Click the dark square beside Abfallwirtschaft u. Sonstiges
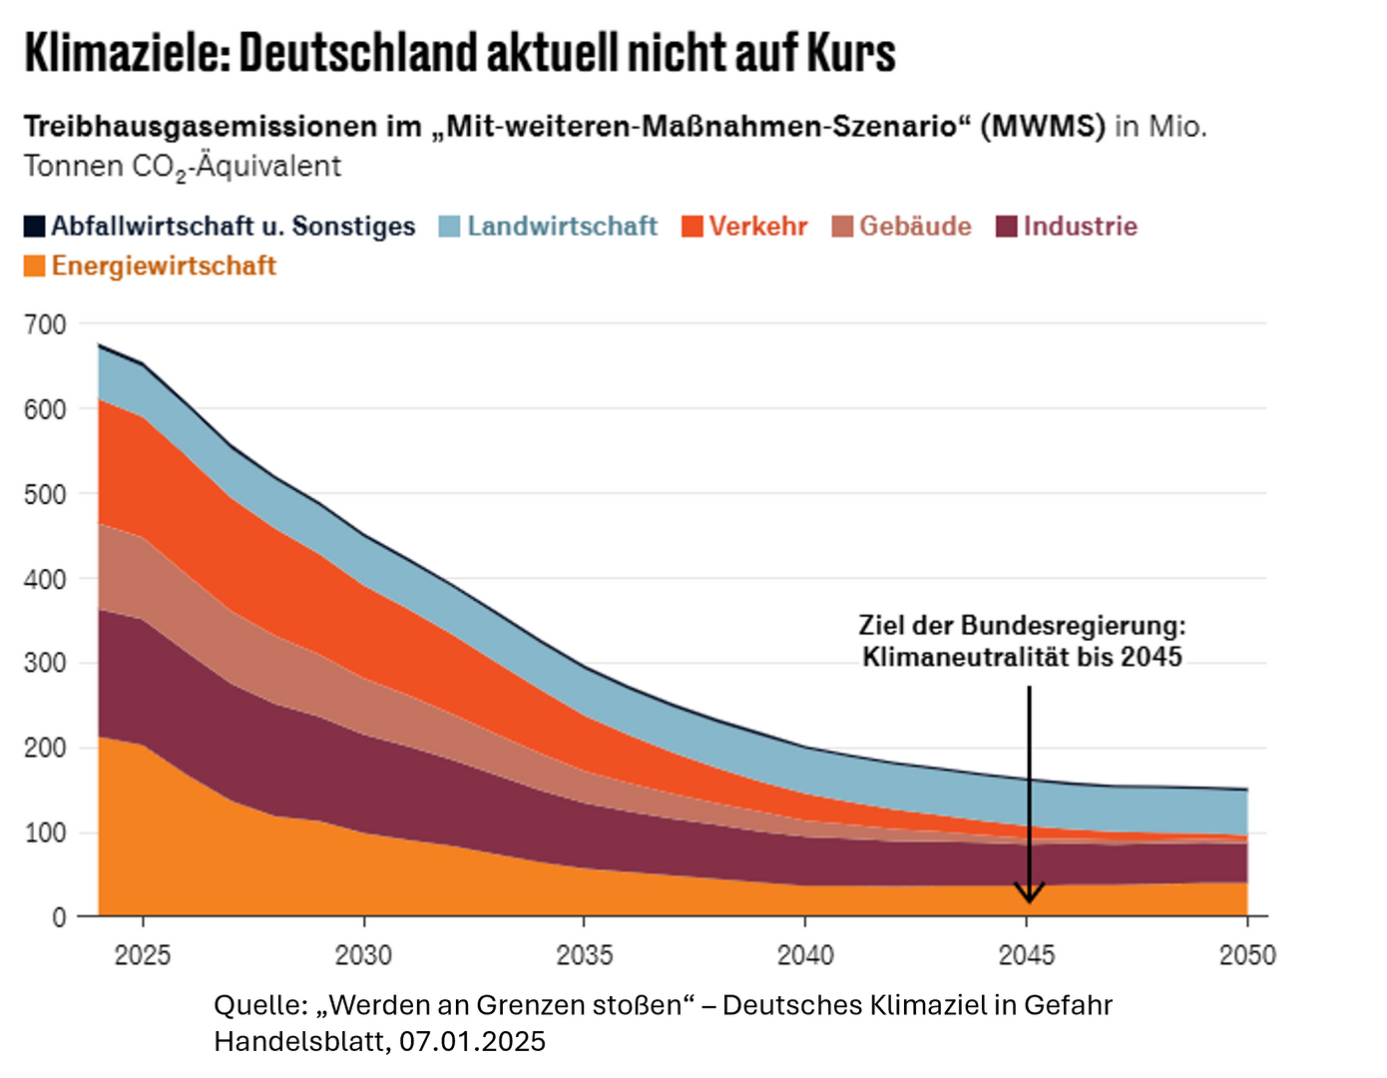[x=35, y=226]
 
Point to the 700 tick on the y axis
[x=45, y=324]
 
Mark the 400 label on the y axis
[x=45, y=579]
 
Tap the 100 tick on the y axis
[x=45, y=832]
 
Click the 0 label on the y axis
[x=59, y=917]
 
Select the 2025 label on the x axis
[x=143, y=955]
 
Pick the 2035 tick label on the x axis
[x=585, y=955]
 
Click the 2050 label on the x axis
[x=1247, y=955]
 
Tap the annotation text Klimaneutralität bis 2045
[x=1022, y=657]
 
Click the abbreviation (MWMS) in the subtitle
[x=1042, y=127]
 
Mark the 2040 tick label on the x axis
[x=805, y=955]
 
